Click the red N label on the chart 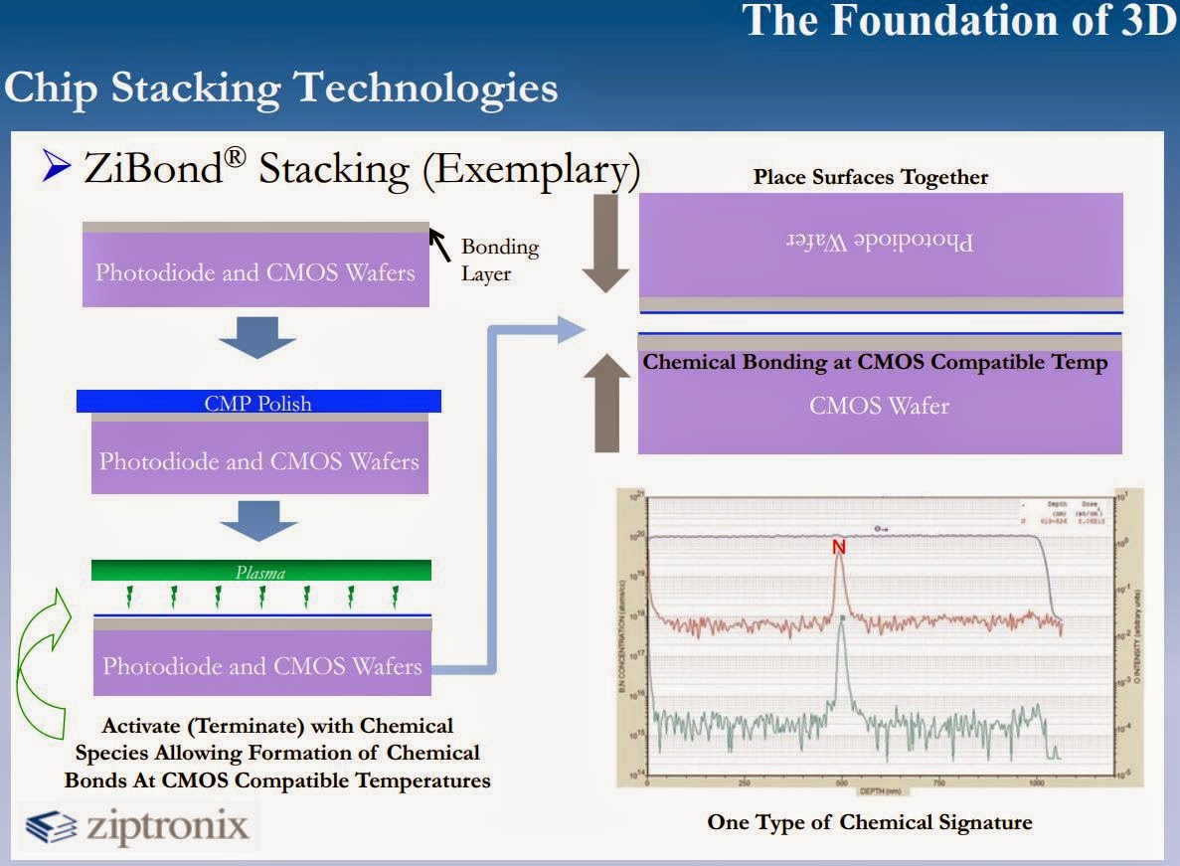coord(839,546)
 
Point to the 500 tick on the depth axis coord(841,782)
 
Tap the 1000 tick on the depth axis coord(1036,782)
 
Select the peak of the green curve coord(842,618)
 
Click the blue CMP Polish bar coord(259,402)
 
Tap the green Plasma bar coord(260,571)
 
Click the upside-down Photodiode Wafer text coord(881,241)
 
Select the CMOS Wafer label coord(880,405)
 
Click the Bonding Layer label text coord(499,259)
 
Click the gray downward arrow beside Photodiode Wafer coord(604,244)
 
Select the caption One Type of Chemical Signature coord(870,822)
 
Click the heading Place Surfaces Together coord(871,177)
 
